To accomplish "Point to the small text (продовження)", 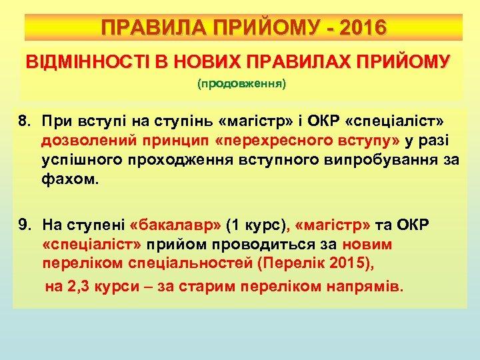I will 241,85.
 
